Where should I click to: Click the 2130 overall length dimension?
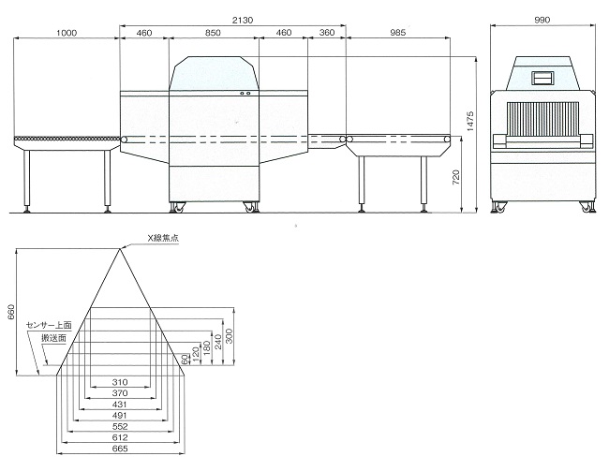[243, 20]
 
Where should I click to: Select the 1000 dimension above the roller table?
[67, 33]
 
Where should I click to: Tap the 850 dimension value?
[213, 33]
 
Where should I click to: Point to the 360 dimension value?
[327, 33]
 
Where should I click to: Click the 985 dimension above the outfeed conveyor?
[397, 33]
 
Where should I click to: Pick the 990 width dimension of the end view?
[542, 20]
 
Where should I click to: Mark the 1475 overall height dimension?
[470, 121]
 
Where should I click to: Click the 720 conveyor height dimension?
[456, 178]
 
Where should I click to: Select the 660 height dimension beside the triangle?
[11, 312]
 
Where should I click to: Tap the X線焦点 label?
[163, 239]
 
